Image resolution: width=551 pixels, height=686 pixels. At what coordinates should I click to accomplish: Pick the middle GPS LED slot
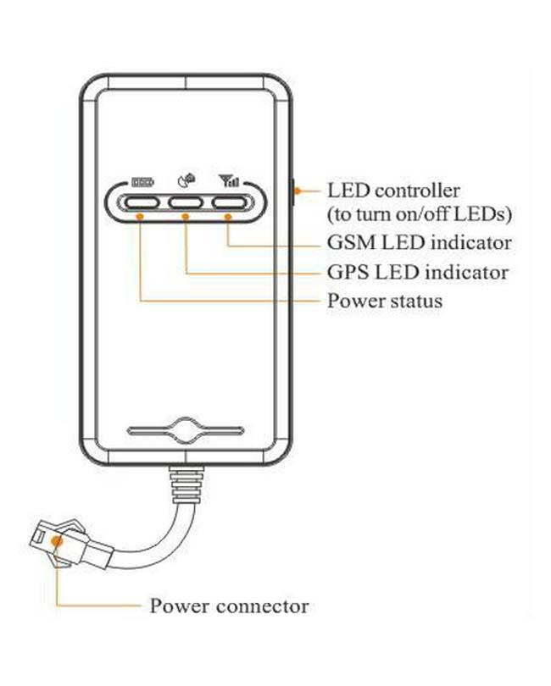click(186, 202)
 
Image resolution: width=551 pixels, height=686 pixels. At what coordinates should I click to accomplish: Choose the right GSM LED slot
click(230, 202)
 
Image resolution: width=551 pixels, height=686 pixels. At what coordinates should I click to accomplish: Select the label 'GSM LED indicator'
click(419, 243)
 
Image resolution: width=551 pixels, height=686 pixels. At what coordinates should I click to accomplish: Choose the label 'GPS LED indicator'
click(418, 273)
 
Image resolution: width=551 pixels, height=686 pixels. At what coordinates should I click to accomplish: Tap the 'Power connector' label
click(229, 606)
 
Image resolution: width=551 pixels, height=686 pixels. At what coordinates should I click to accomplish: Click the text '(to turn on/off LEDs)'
click(420, 213)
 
